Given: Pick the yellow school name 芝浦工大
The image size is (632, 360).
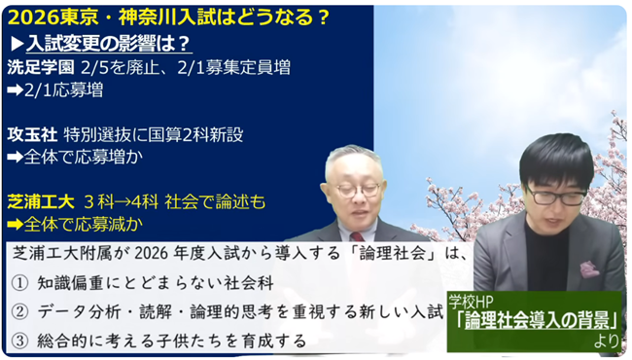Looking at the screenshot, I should point(43,201).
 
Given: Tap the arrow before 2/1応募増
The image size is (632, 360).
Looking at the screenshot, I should point(18,90).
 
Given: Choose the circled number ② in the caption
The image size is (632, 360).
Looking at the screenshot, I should point(21,312).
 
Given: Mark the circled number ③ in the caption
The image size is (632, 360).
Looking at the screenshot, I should point(21,342).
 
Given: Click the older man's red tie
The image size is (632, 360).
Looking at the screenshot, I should point(356,234).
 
